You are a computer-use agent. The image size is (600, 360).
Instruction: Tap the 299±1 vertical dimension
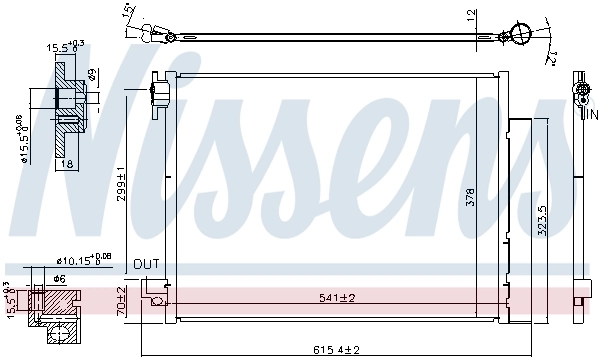[x=121, y=186]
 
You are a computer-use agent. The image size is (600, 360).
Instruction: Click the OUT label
[x=147, y=264]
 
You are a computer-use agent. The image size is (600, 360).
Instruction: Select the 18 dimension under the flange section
[x=67, y=162]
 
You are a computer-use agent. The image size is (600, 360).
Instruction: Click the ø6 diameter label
[x=59, y=278]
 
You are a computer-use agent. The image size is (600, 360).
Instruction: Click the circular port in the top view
[x=519, y=32]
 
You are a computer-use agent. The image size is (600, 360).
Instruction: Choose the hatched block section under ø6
[x=60, y=305]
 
